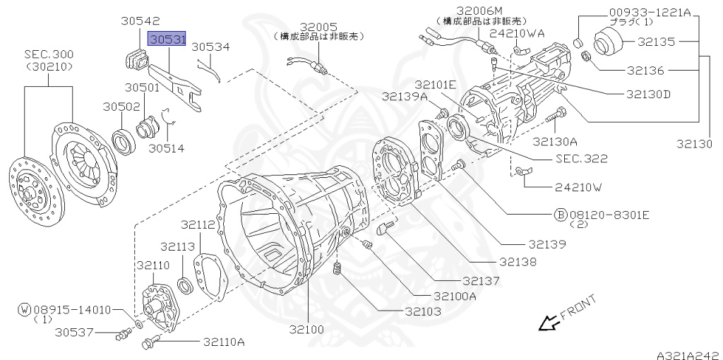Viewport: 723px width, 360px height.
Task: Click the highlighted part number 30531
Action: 167,39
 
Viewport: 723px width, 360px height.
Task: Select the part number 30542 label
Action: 140,22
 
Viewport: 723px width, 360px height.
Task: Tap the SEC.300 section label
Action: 49,54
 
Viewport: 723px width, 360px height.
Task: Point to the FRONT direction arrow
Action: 548,323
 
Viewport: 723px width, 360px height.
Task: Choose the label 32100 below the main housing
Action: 304,329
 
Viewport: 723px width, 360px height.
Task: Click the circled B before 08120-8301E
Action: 560,214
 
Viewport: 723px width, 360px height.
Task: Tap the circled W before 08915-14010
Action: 25,309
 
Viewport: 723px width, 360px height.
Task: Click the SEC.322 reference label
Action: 580,159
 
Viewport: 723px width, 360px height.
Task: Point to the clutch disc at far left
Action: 34,188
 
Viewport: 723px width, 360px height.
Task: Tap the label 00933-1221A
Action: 650,12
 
